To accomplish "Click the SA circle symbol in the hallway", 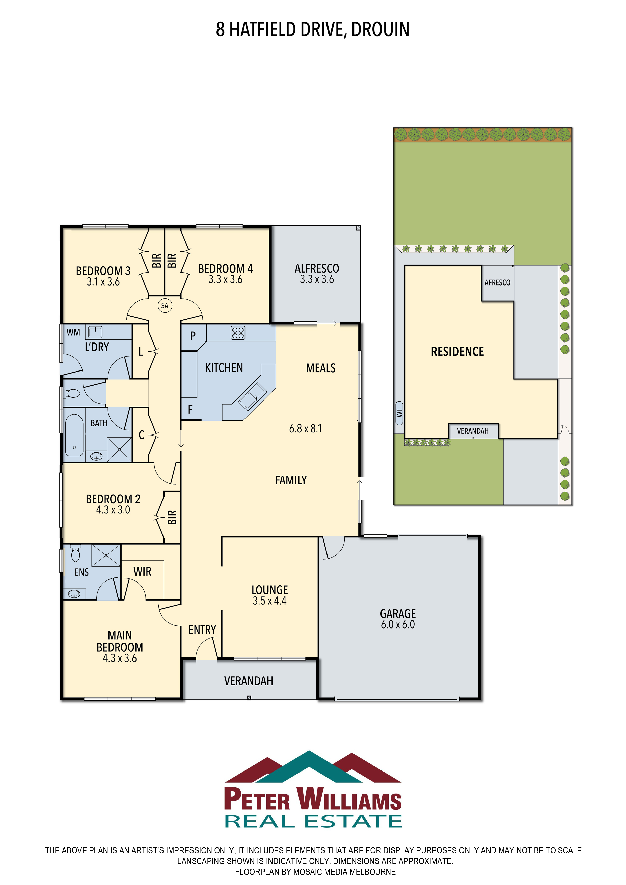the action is point(165,306).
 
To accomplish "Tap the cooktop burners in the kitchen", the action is point(238,333).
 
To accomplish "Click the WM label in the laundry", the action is point(73,332).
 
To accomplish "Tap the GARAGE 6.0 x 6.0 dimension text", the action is point(398,625).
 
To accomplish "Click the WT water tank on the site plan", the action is point(399,413).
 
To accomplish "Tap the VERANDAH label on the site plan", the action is point(473,431).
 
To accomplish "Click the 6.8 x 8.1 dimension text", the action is point(306,429).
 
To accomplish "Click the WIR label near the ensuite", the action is point(142,571).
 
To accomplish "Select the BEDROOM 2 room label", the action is point(113,499).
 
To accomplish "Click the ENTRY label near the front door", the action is point(202,630).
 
